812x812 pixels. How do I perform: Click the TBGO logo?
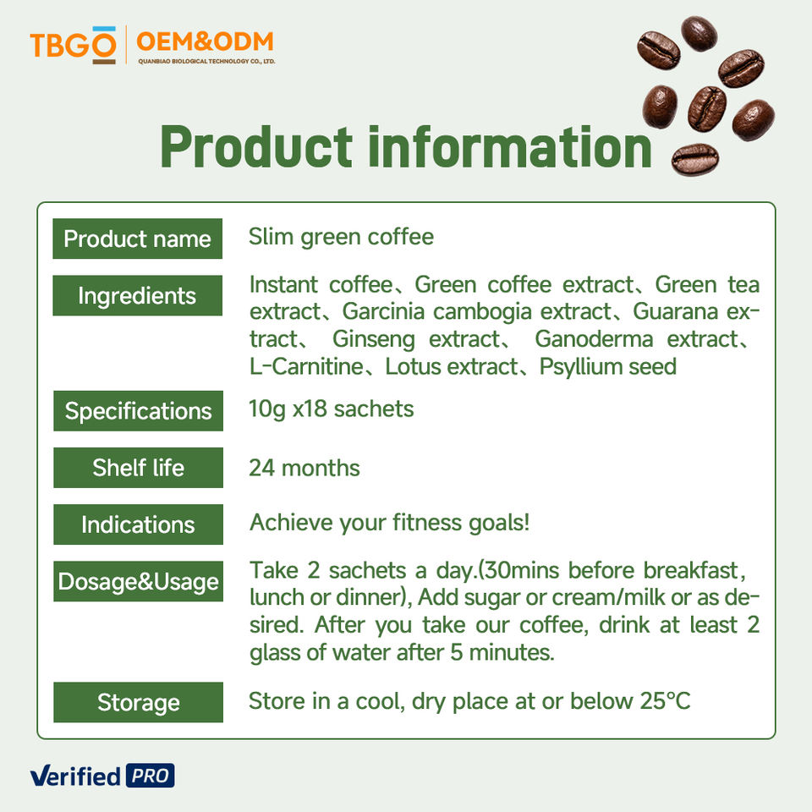[x=73, y=45]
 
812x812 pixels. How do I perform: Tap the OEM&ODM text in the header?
[x=205, y=42]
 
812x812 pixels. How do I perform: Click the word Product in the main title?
[x=256, y=147]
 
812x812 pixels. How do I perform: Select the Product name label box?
[x=137, y=239]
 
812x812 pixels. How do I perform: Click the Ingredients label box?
[x=137, y=296]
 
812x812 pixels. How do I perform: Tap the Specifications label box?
[x=138, y=411]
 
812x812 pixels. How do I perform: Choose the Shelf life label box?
[x=138, y=468]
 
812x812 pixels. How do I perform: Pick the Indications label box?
[x=138, y=524]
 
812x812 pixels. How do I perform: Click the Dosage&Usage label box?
[x=138, y=582]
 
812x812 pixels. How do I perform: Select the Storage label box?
[x=138, y=702]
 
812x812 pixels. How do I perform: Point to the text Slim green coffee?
[x=341, y=238]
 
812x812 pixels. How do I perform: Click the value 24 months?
[x=304, y=468]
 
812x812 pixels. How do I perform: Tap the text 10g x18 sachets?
[x=332, y=409]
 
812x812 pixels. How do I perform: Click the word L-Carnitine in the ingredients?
[x=306, y=366]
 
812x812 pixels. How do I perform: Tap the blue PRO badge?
[x=151, y=776]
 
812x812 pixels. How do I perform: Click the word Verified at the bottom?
[x=75, y=776]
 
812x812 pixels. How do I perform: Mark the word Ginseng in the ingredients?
[x=373, y=340]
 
